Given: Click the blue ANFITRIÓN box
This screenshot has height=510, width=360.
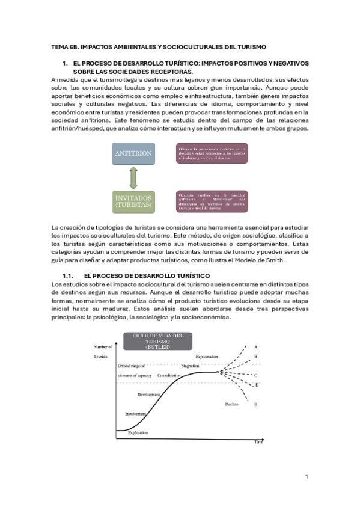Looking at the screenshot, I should tap(132, 154).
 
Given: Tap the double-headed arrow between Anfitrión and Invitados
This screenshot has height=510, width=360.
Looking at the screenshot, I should tap(133, 178).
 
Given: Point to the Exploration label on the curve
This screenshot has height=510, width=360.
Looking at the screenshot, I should tap(139, 432).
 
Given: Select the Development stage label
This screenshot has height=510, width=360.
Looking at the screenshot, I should tap(148, 395).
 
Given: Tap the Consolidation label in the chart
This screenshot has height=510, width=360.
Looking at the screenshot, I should tap(169, 375).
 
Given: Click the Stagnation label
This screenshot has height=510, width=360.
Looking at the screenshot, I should tap(190, 365).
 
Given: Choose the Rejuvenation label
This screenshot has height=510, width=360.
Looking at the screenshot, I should tap(206, 356).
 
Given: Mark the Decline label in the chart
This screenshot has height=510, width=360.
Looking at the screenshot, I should tap(232, 404).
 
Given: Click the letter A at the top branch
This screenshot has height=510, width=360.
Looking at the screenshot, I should tap(256, 347).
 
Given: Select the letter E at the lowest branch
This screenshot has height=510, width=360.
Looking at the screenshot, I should tap(256, 404).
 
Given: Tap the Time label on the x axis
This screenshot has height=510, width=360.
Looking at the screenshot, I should tap(258, 441).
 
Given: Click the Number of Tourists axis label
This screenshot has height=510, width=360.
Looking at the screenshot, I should tap(103, 351).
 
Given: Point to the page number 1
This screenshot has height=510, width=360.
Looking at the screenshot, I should tap(307, 476).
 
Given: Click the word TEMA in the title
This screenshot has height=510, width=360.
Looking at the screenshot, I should tap(60, 46).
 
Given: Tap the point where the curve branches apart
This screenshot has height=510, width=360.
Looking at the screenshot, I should tap(222, 373).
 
